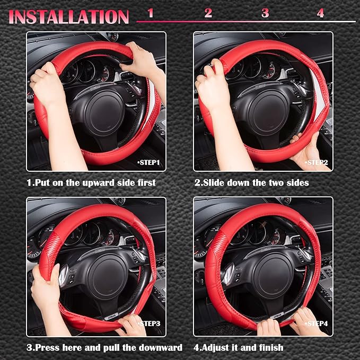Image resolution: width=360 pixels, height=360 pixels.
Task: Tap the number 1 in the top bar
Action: pyautogui.click(x=150, y=13)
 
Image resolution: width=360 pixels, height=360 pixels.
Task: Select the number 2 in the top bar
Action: pyautogui.click(x=208, y=13)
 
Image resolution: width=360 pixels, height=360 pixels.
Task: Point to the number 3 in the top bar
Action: pyautogui.click(x=265, y=13)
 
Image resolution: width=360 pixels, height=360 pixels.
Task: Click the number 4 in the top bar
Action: pyautogui.click(x=320, y=13)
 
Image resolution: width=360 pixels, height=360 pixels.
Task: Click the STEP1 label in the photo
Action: pyautogui.click(x=148, y=162)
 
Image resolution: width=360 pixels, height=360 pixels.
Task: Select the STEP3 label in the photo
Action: pyautogui.click(x=151, y=323)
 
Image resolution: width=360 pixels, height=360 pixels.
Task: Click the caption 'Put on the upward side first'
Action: pyautogui.click(x=91, y=182)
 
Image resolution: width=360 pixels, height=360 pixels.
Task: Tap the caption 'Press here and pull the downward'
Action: pyautogui.click(x=104, y=347)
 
